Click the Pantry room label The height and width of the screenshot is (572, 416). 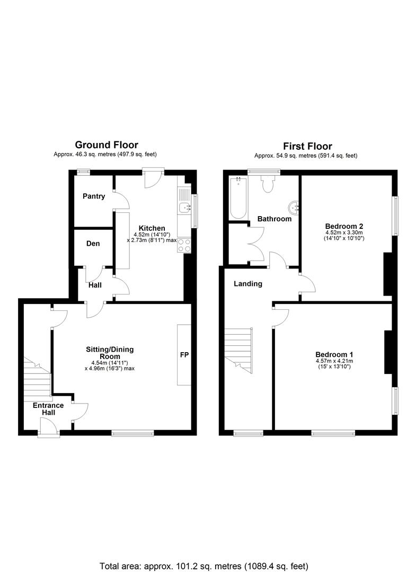pyautogui.click(x=94, y=196)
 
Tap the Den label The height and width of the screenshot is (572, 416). pyautogui.click(x=93, y=244)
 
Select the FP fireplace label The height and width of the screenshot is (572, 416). pyautogui.click(x=184, y=354)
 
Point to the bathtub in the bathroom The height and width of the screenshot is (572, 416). pyautogui.click(x=238, y=198)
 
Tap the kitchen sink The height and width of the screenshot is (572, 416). pyautogui.click(x=184, y=201)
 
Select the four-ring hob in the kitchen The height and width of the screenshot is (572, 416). pyautogui.click(x=184, y=245)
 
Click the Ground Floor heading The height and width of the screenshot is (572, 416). pyautogui.click(x=107, y=145)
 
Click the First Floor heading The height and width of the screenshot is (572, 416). pyautogui.click(x=307, y=147)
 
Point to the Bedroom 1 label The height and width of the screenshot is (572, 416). pyautogui.click(x=334, y=354)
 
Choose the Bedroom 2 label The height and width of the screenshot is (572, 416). pyautogui.click(x=344, y=226)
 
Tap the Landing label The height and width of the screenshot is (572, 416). pyautogui.click(x=248, y=284)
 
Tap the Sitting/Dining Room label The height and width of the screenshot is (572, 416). pyautogui.click(x=110, y=353)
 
